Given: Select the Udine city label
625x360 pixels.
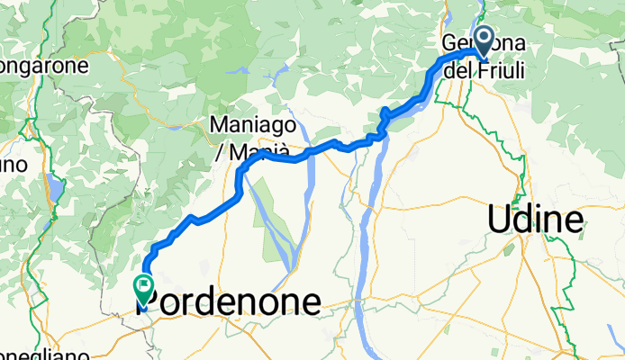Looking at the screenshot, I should pos(534,219).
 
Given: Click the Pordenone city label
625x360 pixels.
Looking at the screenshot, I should pos(230,302).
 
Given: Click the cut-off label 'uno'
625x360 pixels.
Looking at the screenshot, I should pos(13,166).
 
